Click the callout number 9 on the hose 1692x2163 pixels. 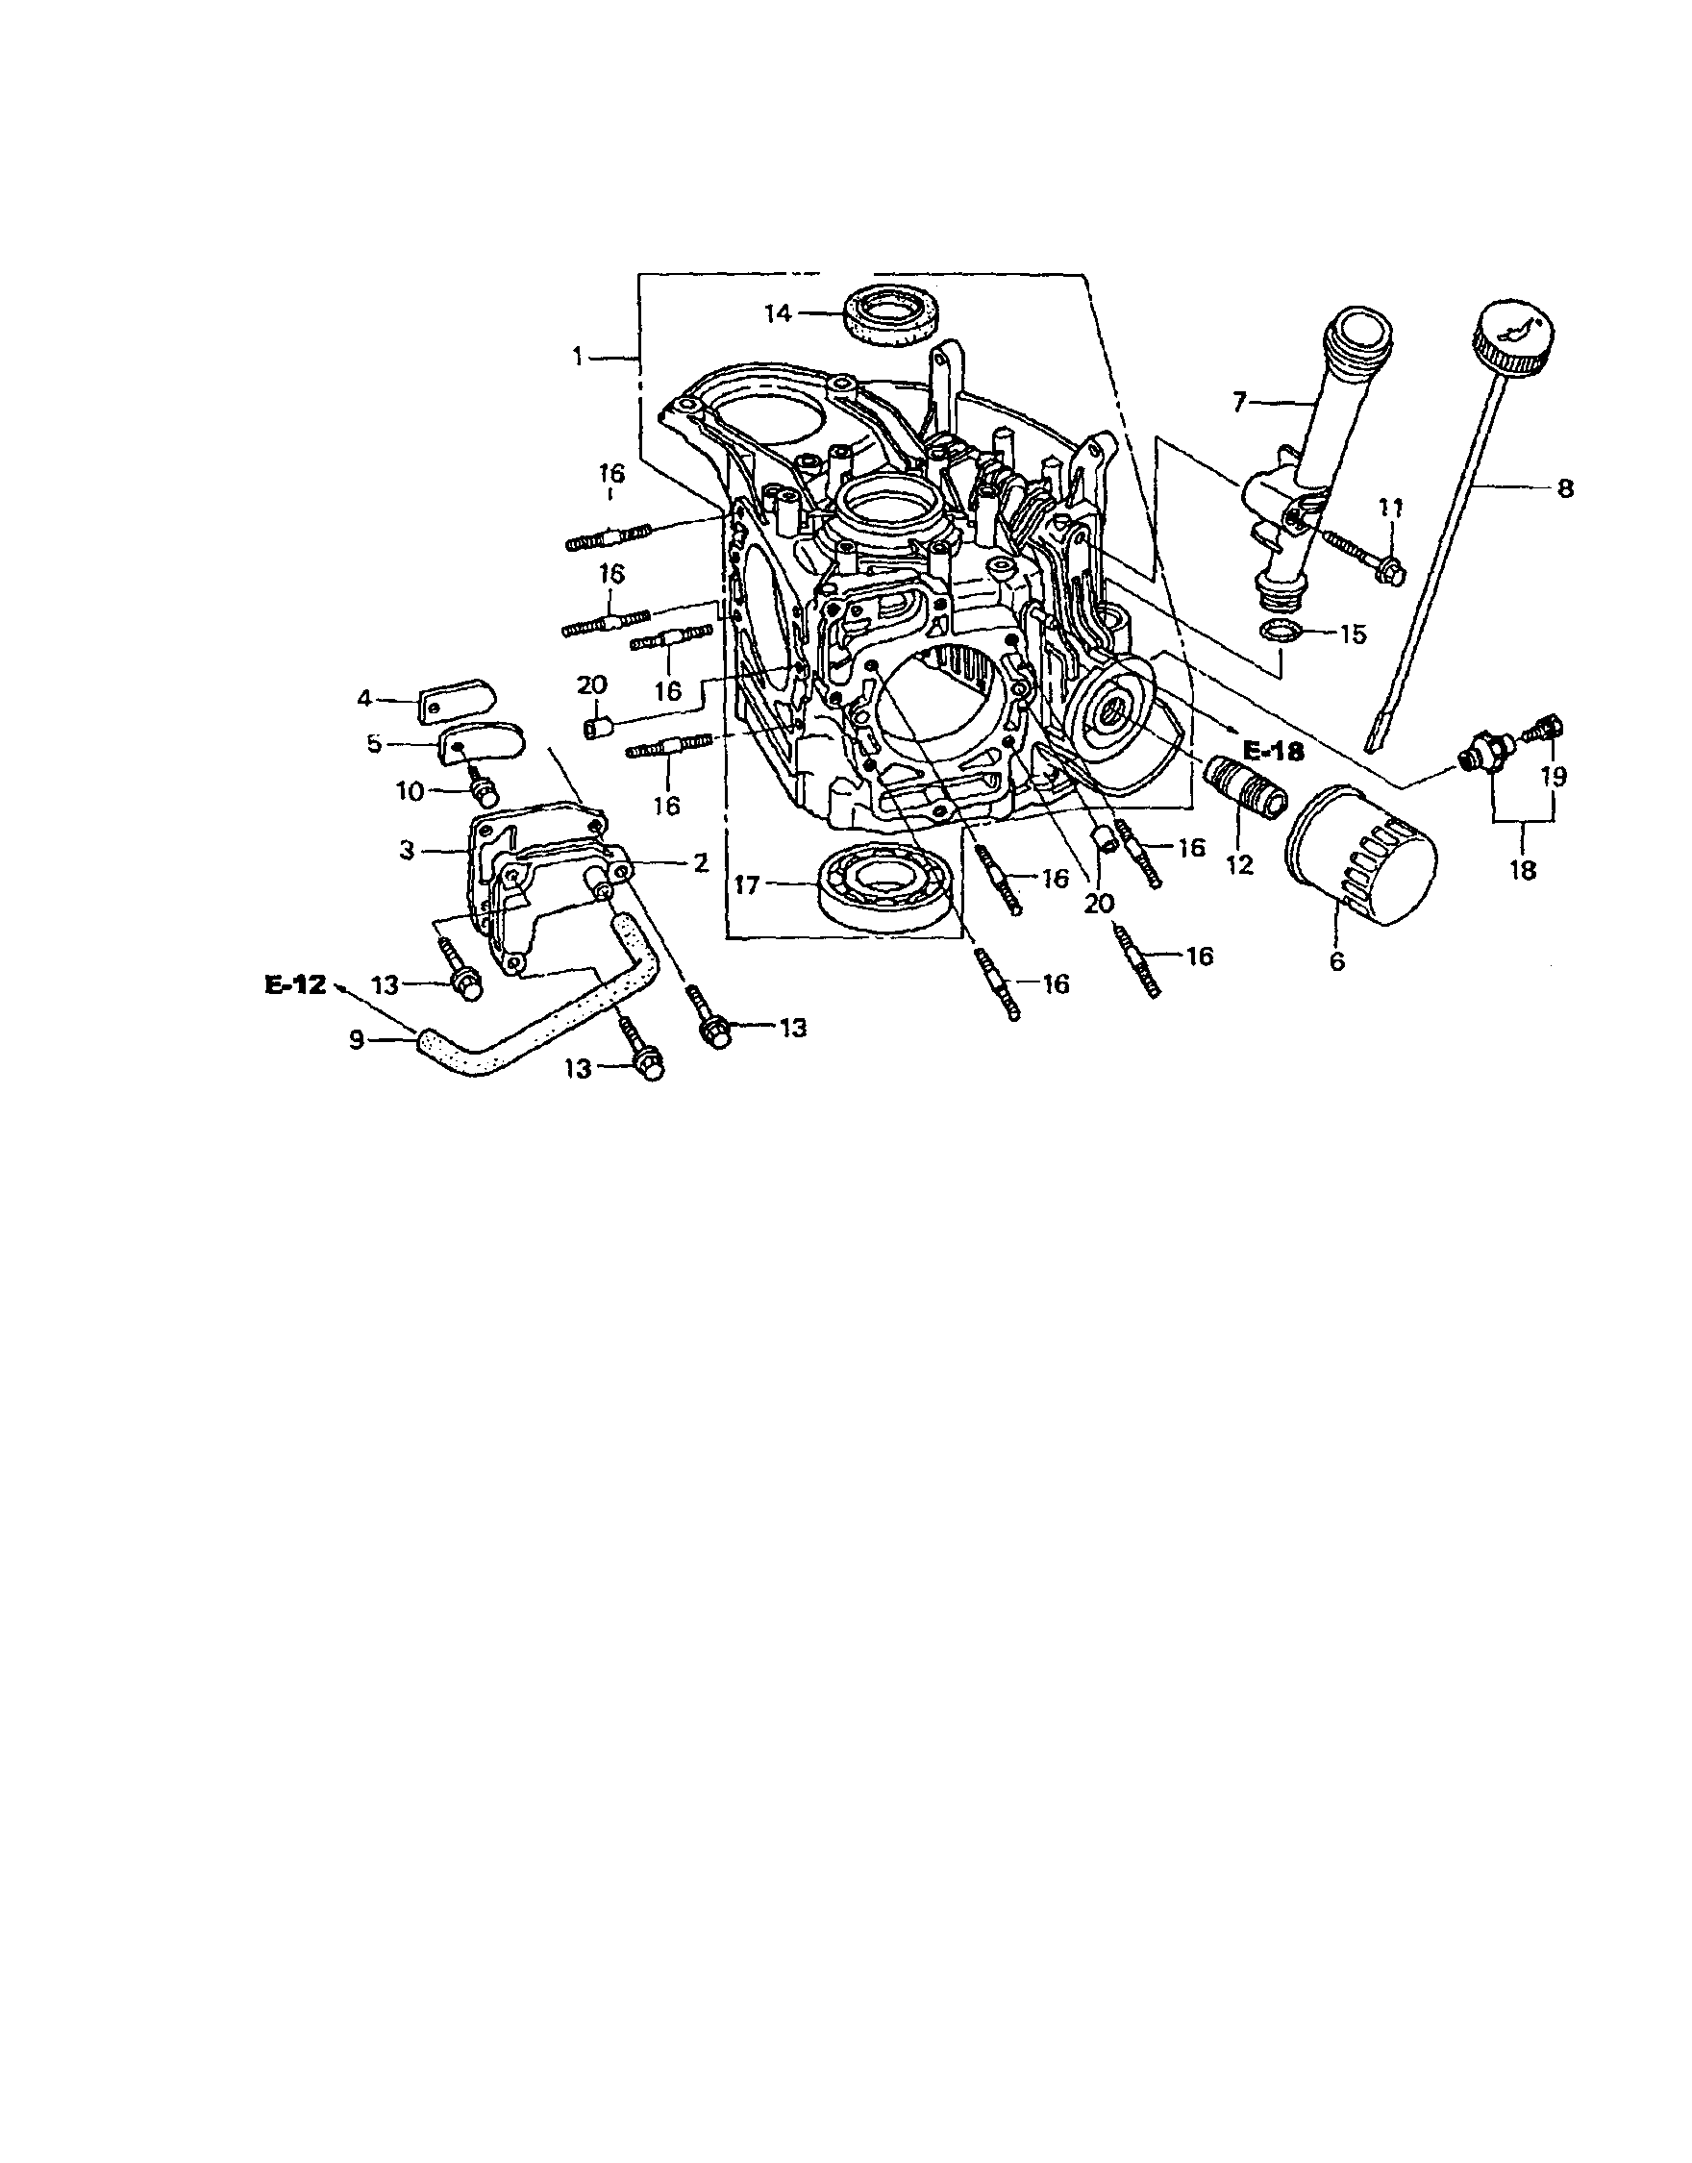point(358,1038)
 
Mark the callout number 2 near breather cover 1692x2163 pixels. point(701,863)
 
